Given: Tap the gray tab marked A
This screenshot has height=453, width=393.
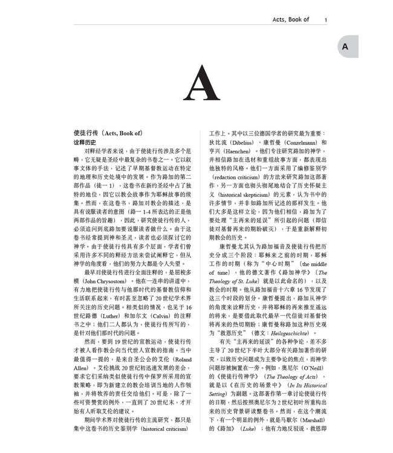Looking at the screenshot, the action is click(344, 47).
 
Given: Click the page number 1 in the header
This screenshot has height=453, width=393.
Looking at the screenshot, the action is click(326, 20).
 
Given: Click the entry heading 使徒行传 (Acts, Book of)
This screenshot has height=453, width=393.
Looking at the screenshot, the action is click(108, 132).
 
